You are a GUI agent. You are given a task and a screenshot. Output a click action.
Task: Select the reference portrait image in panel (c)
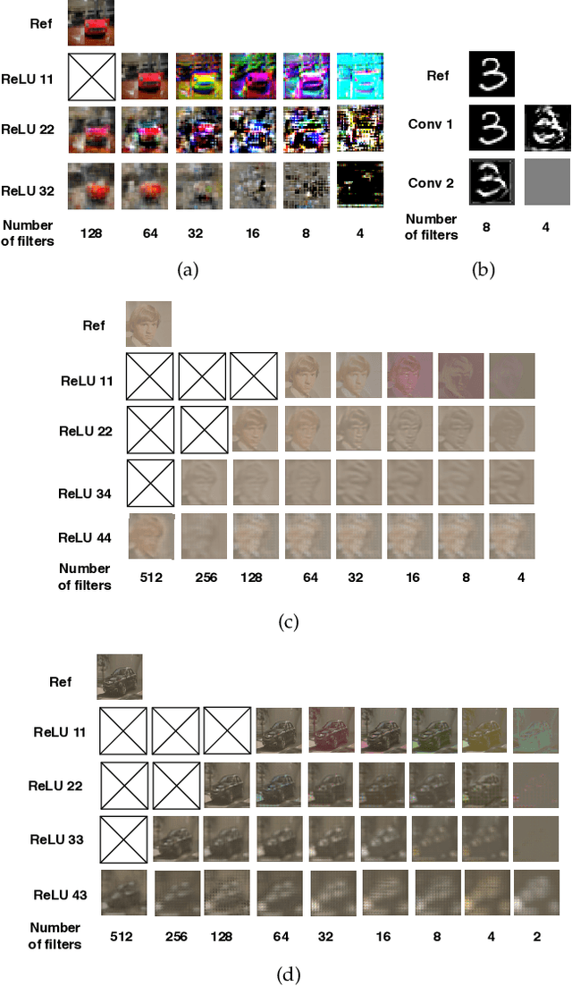[148, 324]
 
